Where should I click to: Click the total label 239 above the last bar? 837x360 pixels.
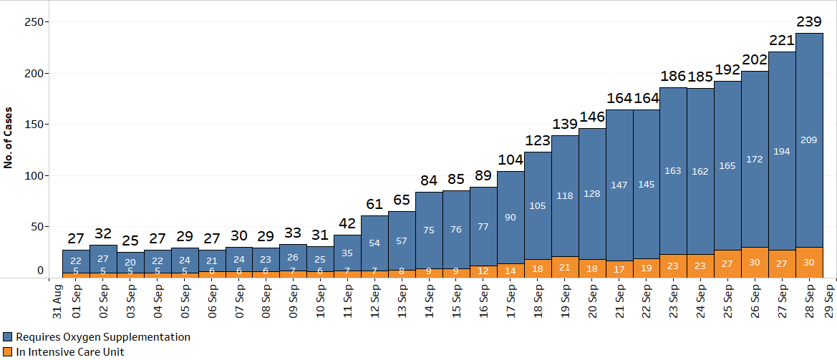click(x=809, y=22)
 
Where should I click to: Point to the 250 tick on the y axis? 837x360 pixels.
click(x=34, y=22)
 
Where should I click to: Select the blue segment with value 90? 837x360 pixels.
click(x=510, y=218)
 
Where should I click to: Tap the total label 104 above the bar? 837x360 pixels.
click(x=510, y=160)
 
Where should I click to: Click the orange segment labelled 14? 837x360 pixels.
click(x=510, y=271)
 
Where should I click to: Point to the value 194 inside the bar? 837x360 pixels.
click(x=782, y=152)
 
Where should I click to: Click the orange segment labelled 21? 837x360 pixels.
click(x=564, y=267)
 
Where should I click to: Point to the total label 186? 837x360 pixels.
click(x=673, y=77)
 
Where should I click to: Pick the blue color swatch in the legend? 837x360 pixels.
click(x=8, y=336)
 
